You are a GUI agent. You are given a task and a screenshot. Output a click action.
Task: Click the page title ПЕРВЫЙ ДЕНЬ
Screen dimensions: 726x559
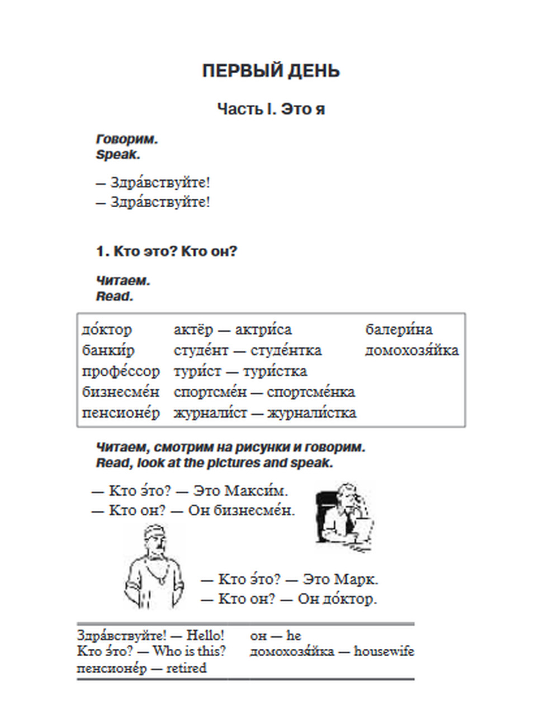click(271, 71)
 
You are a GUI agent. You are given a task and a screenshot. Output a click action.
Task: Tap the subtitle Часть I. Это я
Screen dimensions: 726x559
click(271, 108)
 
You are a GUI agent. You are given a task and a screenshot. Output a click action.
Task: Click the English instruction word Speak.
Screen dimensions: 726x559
click(117, 155)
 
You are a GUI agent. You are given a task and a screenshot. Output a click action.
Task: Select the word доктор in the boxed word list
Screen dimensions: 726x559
click(107, 329)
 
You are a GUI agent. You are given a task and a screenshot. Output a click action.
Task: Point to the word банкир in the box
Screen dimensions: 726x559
click(108, 350)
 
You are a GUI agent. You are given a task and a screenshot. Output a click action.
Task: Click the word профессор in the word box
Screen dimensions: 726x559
click(121, 371)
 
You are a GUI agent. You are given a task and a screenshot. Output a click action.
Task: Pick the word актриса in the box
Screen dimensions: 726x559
click(263, 329)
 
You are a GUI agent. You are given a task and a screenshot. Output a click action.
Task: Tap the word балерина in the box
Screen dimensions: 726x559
click(399, 329)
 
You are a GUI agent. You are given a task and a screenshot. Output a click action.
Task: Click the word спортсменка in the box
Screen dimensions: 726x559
click(311, 392)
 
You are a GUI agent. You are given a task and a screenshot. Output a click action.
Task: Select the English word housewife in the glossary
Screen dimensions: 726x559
click(384, 651)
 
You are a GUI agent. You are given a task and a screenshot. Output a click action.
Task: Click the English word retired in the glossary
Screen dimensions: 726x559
click(186, 668)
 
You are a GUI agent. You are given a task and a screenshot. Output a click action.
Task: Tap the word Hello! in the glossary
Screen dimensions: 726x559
click(205, 636)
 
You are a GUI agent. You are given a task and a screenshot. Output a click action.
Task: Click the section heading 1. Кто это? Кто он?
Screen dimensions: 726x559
click(167, 251)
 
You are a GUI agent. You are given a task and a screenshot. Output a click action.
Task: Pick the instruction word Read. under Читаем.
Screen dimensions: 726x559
click(114, 296)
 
